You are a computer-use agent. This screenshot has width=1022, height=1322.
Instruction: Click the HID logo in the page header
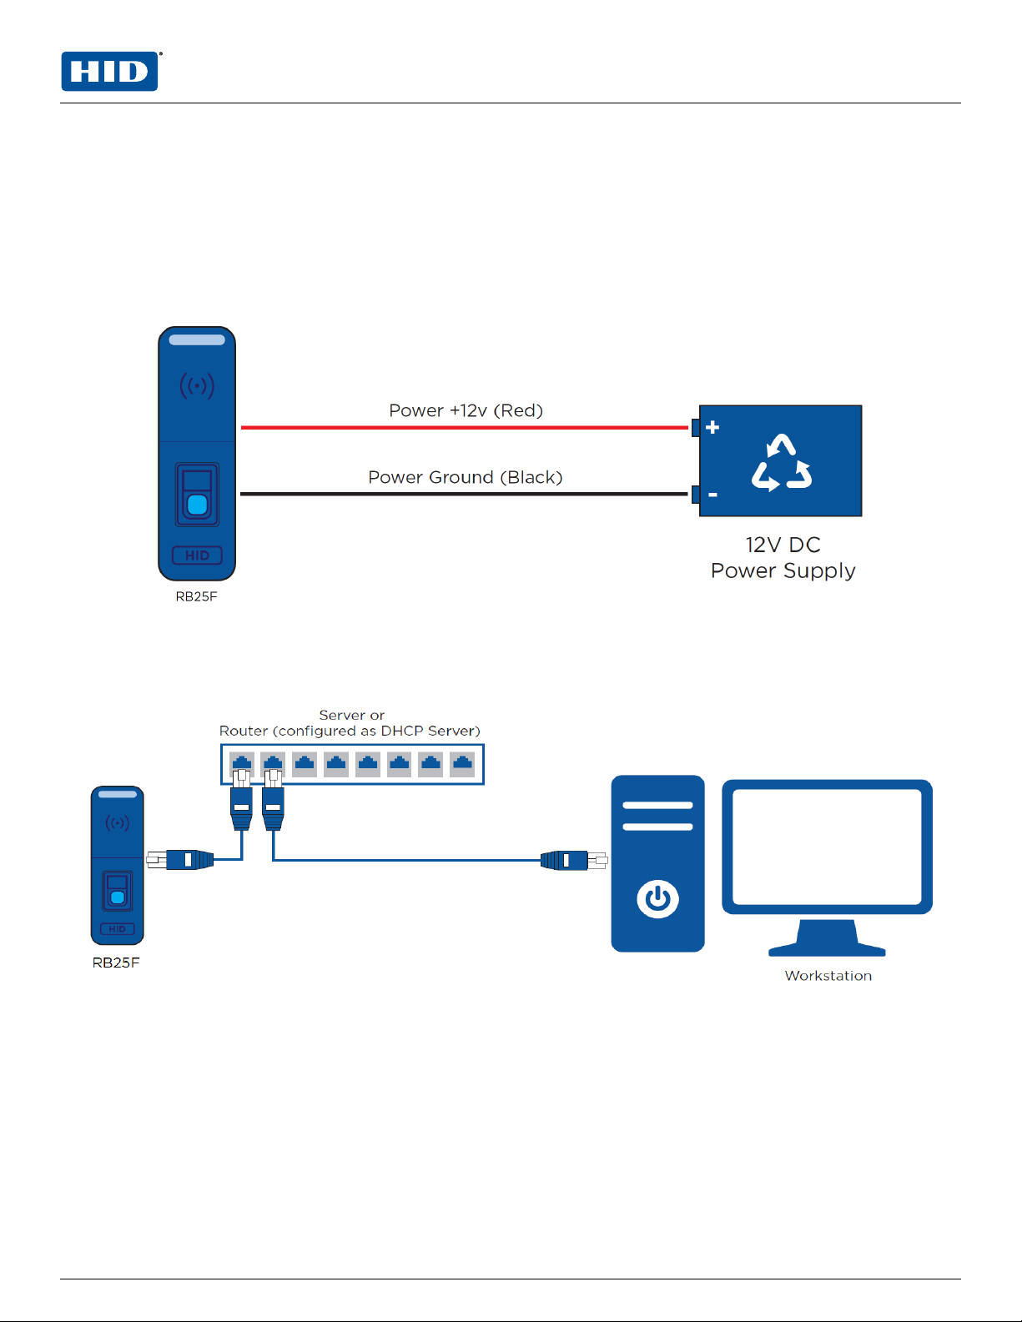point(109,72)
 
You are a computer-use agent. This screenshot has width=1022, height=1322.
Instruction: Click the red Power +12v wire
point(464,427)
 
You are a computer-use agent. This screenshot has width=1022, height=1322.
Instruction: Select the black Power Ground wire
point(464,494)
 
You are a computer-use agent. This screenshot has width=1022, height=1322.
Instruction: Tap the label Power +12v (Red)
point(466,410)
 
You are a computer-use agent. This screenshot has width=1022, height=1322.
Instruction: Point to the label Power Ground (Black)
point(465,477)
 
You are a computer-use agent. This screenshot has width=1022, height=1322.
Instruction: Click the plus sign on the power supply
point(712,427)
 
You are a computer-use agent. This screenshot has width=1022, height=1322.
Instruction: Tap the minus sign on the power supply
point(712,495)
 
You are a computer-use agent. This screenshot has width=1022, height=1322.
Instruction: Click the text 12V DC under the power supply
point(783,545)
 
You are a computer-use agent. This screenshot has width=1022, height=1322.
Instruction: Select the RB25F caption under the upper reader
point(196,596)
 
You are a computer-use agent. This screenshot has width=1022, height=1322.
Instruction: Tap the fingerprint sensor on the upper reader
point(197,503)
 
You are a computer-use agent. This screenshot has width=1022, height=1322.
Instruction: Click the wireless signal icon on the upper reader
point(197,386)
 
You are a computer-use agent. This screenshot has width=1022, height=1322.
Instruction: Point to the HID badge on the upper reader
point(197,555)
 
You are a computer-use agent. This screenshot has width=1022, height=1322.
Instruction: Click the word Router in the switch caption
point(244,731)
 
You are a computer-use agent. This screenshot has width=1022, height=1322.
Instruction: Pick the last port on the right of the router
point(462,763)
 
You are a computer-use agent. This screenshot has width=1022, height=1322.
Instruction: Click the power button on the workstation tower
point(657,899)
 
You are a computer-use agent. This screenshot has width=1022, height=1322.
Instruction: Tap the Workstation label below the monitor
point(828,976)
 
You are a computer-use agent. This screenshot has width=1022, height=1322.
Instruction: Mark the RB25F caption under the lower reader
point(116,963)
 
